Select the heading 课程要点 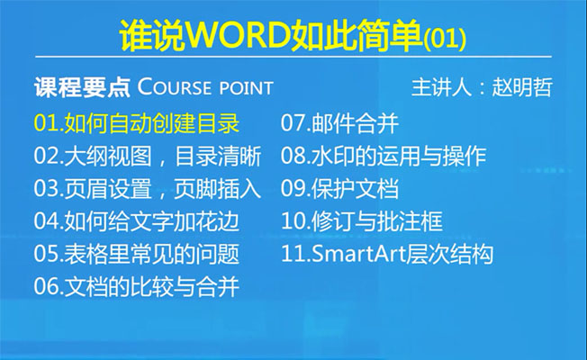pos(82,87)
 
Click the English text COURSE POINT pos(205,87)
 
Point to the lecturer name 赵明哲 pos(522,87)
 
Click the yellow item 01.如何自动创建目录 pos(137,123)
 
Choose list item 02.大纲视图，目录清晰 pos(148,156)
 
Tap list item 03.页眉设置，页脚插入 pos(148,188)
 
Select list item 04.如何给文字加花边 pos(137,220)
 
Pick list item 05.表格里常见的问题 pos(137,254)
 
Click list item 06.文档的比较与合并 pos(137,286)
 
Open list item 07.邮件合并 pos(339,123)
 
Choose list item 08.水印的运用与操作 pos(384,156)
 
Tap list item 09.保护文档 pos(339,188)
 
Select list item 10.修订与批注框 pos(362,220)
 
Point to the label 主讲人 pos(440,87)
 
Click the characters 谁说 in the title pos(152,37)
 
